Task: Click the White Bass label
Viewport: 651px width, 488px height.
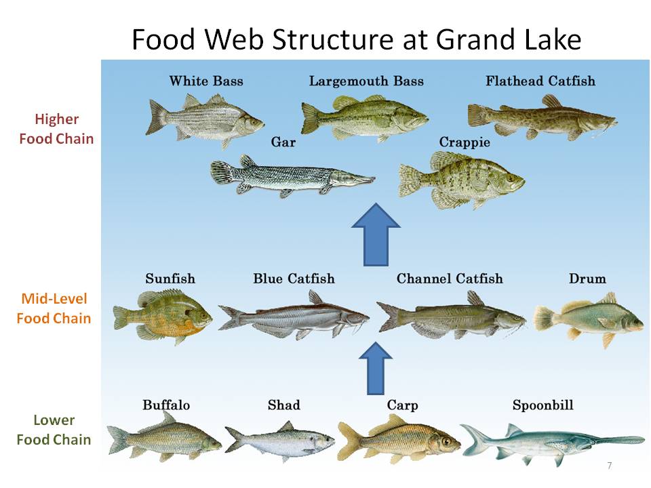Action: [x=206, y=81]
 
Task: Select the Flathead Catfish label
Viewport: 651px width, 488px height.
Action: [x=540, y=81]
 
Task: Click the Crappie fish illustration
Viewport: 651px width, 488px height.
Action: [x=461, y=180]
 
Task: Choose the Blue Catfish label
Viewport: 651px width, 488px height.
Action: [x=294, y=279]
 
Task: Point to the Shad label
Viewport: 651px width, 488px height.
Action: [x=284, y=405]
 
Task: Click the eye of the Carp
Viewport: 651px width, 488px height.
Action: [x=446, y=441]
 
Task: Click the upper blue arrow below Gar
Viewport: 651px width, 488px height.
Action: [x=376, y=235]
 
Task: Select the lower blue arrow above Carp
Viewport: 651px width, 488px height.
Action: [x=376, y=369]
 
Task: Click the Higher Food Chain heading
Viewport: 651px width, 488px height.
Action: [x=56, y=129]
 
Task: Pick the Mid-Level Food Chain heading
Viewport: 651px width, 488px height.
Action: [x=54, y=308]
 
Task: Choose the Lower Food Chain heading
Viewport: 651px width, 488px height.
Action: [x=54, y=430]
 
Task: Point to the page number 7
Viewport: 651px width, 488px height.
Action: [x=610, y=466]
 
